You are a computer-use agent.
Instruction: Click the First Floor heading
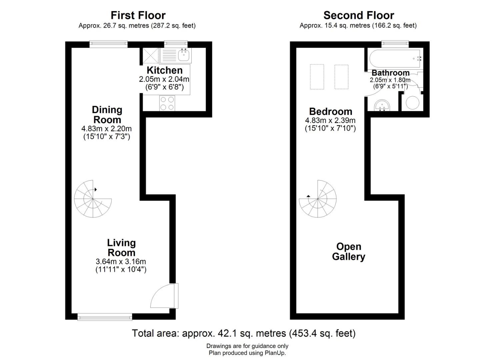pyautogui.click(x=138, y=15)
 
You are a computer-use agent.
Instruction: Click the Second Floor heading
pyautogui.click(x=359, y=15)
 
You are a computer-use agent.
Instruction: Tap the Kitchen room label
pyautogui.click(x=165, y=70)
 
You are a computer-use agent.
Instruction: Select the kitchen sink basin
pyautogui.click(x=184, y=55)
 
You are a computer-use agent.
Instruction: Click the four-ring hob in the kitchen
pyautogui.click(x=167, y=103)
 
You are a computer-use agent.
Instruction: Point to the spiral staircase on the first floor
pyautogui.click(x=93, y=199)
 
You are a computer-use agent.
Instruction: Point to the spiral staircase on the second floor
pyautogui.click(x=318, y=199)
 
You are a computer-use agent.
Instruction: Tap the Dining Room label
pyautogui.click(x=107, y=115)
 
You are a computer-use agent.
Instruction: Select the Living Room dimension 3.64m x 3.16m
pyautogui.click(x=121, y=262)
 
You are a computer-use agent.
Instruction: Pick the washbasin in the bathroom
pyautogui.click(x=382, y=106)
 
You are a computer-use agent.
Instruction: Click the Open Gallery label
pyautogui.click(x=349, y=252)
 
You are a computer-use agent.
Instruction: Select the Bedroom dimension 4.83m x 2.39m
pyautogui.click(x=330, y=120)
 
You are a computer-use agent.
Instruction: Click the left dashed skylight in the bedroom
pyautogui.click(x=317, y=77)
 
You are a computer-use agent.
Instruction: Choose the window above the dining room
pyautogui.click(x=109, y=44)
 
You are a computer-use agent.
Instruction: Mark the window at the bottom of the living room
pyautogui.click(x=105, y=317)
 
